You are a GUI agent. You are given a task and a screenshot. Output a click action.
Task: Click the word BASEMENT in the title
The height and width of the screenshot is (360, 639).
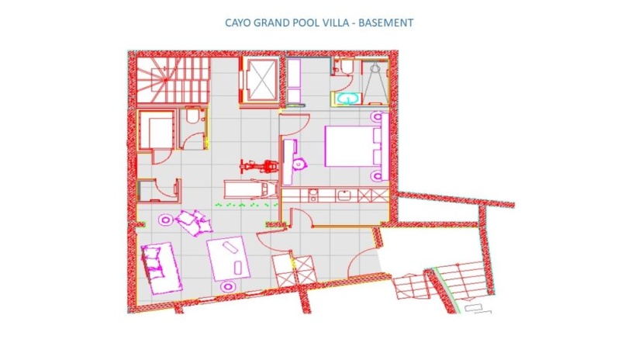385,22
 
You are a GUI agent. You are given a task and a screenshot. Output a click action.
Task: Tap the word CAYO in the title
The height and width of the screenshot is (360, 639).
238,22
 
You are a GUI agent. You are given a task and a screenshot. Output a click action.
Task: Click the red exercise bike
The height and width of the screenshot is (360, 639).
259,166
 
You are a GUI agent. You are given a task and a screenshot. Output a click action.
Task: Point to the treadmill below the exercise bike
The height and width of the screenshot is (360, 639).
251,189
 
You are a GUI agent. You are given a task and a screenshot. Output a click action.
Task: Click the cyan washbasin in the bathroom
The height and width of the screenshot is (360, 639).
347,99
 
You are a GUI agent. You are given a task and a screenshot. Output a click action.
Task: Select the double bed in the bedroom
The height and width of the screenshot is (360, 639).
354,146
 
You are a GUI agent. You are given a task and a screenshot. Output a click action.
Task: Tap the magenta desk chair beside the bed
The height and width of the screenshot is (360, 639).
299,164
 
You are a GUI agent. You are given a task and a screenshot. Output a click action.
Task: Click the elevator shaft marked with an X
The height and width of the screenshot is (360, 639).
262,80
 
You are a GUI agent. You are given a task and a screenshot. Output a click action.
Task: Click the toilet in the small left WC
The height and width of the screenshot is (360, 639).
193,116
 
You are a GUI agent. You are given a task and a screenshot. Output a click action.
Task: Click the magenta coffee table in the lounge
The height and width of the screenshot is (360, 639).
228,258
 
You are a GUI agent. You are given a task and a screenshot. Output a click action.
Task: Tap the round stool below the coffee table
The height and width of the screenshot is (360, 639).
228,286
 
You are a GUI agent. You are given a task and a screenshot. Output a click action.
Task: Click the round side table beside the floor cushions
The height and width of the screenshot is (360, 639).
165,220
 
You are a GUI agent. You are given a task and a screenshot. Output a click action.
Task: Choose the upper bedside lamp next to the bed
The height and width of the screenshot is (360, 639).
378,117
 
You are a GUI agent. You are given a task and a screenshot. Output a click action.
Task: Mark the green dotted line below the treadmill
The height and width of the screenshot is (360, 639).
246,205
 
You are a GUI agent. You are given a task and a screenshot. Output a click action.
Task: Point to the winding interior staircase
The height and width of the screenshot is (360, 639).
173,80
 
